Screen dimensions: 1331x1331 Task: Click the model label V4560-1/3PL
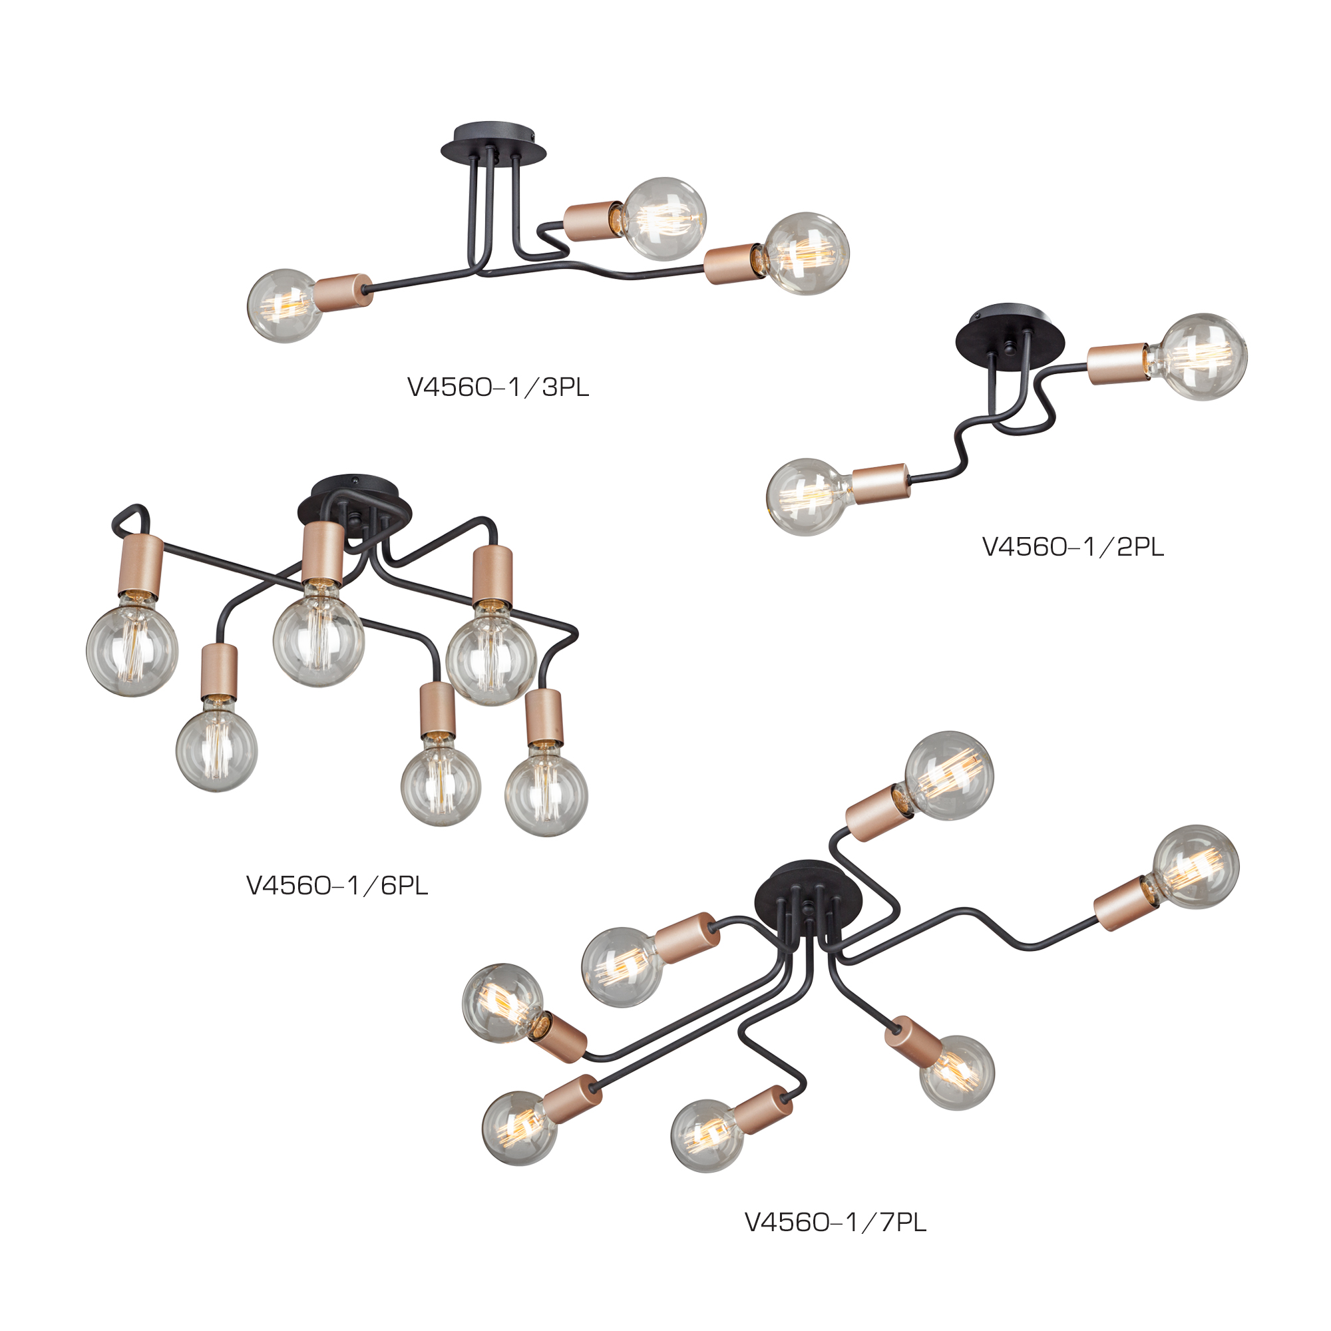point(498,388)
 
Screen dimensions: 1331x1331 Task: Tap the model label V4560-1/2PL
point(1073,547)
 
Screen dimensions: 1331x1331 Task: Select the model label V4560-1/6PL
point(337,885)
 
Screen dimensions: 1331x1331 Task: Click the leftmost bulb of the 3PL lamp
point(285,305)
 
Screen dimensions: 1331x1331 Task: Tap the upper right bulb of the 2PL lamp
point(1203,357)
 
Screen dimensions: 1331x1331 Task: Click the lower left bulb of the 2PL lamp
point(808,496)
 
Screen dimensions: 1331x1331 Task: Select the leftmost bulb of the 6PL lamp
point(132,649)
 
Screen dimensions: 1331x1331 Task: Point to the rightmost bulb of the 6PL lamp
point(546,791)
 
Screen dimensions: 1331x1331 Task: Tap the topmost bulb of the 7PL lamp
point(948,775)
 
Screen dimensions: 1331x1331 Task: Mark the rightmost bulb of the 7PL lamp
point(1195,866)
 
